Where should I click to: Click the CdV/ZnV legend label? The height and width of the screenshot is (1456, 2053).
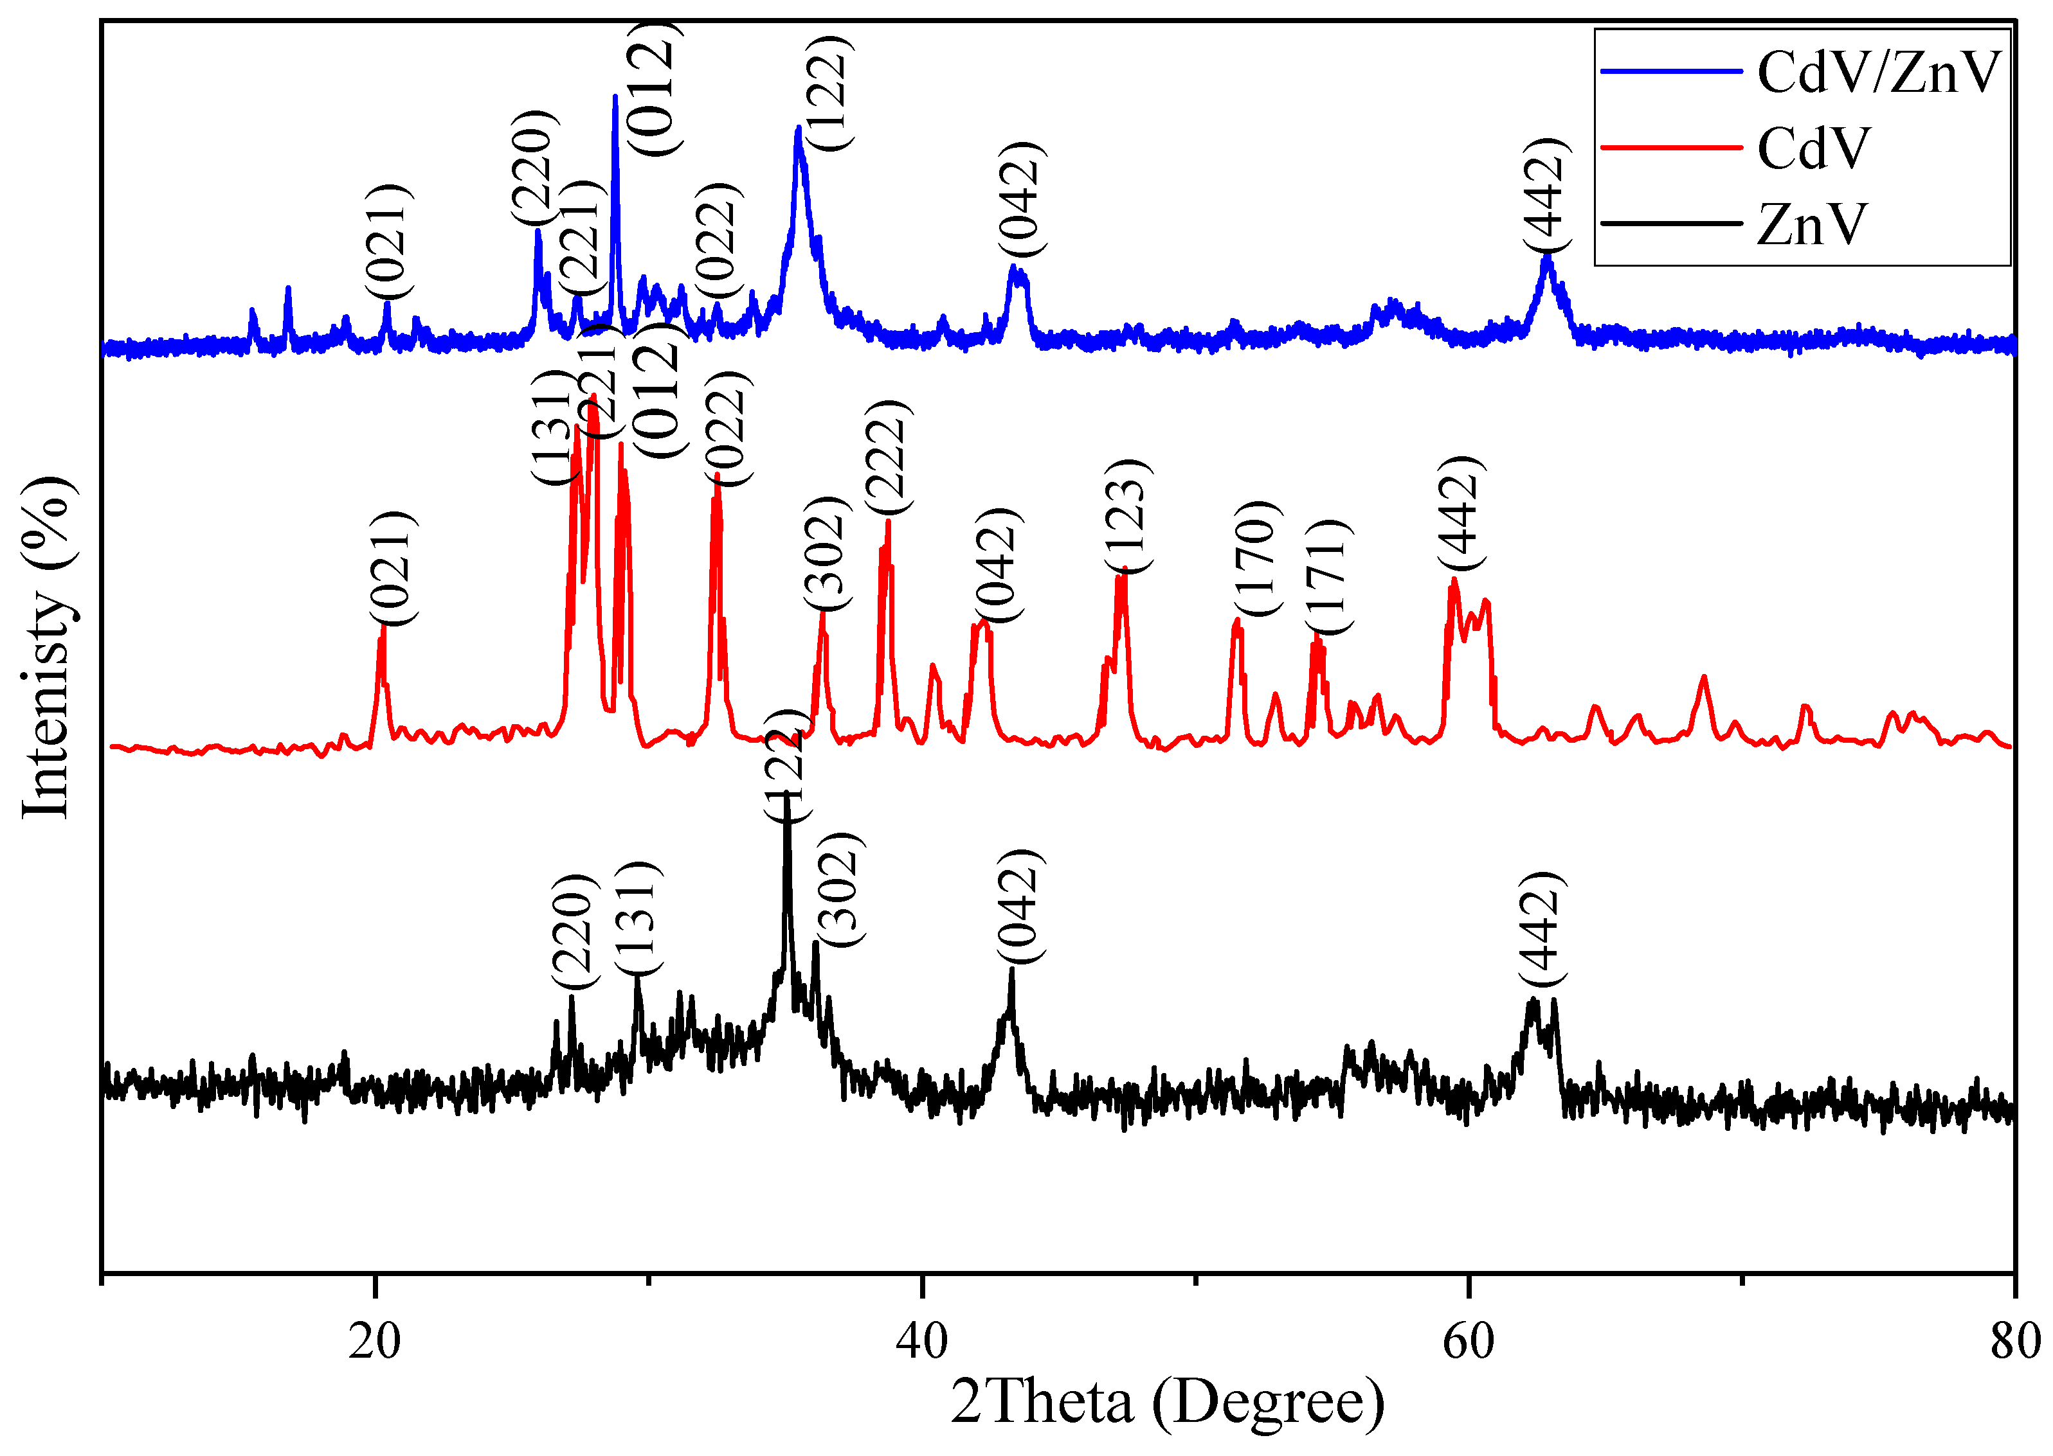coord(1878,73)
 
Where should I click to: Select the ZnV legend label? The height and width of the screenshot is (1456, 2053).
coord(1812,224)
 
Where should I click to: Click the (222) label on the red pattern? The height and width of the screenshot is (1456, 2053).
coord(888,457)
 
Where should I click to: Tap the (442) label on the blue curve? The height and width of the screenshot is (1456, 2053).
coord(1547,195)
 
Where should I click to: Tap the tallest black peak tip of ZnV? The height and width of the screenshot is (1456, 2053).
coord(786,794)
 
